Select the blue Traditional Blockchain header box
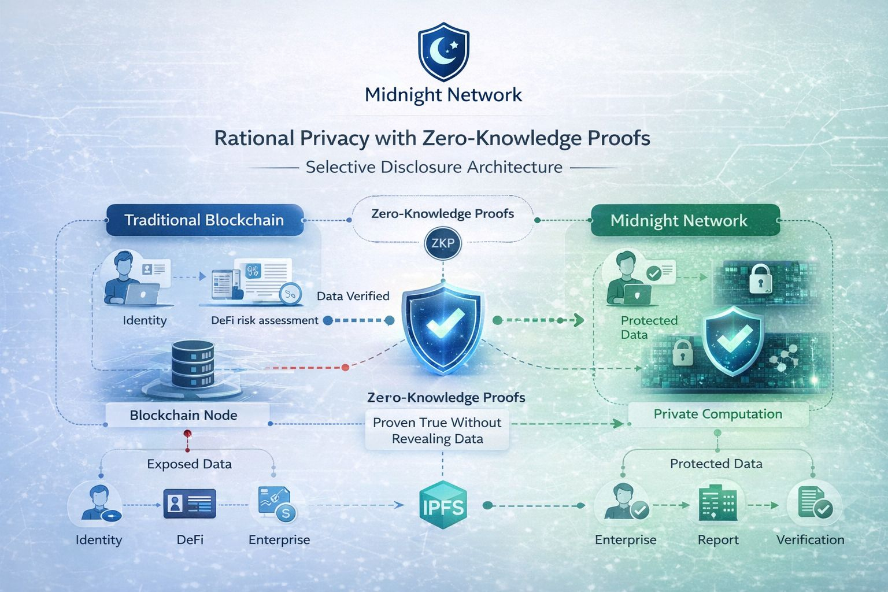(x=205, y=220)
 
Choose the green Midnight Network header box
(x=679, y=221)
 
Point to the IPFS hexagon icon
(x=443, y=506)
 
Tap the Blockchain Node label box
(x=184, y=415)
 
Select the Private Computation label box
(x=717, y=414)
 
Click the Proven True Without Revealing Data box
(x=437, y=430)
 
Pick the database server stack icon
(x=193, y=364)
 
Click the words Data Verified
(x=353, y=296)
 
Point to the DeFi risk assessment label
(x=265, y=320)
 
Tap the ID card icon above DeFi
(x=190, y=504)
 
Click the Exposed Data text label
(x=189, y=464)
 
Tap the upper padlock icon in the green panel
(x=760, y=279)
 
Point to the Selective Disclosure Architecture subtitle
(x=434, y=167)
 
